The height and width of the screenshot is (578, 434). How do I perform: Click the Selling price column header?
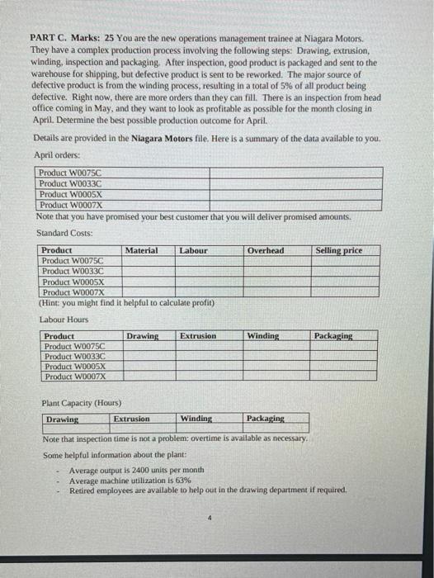pos(338,250)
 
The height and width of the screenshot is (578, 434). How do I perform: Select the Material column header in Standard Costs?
pos(142,250)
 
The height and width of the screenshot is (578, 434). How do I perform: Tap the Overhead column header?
pos(266,250)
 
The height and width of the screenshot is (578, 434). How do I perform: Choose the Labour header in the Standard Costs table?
pos(193,250)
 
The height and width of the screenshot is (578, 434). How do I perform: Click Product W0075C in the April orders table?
pos(75,173)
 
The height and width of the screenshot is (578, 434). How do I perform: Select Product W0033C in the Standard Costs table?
pos(77,271)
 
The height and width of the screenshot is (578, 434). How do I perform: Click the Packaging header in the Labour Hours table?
pos(333,336)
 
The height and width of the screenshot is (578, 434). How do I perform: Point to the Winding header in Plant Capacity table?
pos(196,419)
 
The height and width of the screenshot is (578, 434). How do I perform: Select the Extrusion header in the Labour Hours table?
pos(198,336)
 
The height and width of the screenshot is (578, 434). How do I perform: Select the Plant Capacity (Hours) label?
pos(81,403)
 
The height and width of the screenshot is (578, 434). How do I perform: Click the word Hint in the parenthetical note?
pos(55,302)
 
